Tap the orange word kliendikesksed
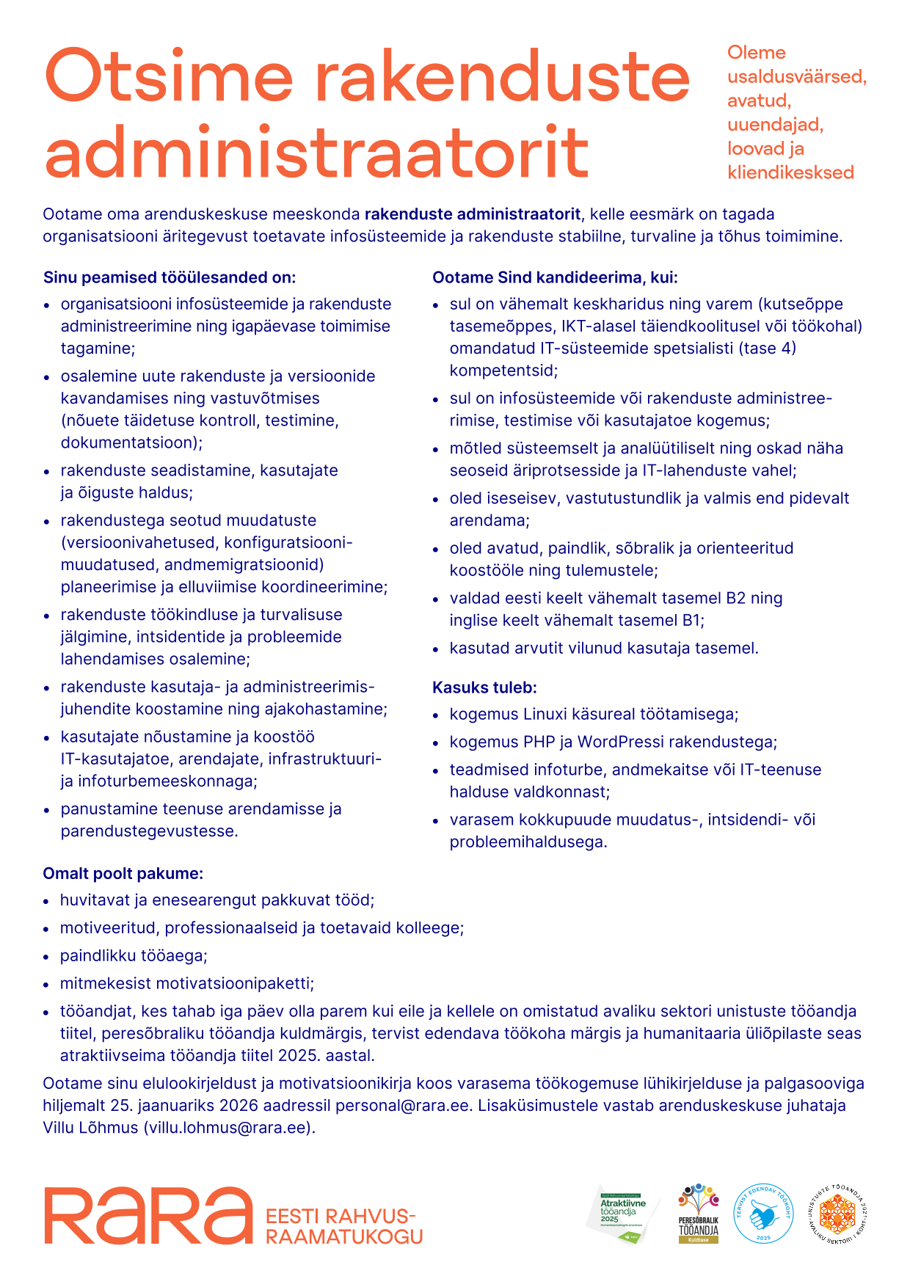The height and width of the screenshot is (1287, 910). [790, 172]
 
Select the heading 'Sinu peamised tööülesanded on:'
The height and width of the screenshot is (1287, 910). [170, 277]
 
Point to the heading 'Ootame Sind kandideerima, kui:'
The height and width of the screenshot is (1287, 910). [555, 277]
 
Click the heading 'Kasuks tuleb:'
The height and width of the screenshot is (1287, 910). [484, 688]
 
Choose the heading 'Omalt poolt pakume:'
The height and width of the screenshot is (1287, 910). [123, 873]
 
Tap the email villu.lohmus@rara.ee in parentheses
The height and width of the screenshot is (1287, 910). [228, 1127]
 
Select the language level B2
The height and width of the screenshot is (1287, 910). [735, 598]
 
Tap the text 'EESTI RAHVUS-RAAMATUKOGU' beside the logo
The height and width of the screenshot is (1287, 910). [343, 1226]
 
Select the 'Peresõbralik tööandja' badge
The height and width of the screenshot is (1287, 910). [698, 1214]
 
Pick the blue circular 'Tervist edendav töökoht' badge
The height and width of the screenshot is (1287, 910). [763, 1214]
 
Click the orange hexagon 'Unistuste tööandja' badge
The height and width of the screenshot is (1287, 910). [837, 1214]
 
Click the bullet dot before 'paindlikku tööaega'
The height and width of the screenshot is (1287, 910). [46, 957]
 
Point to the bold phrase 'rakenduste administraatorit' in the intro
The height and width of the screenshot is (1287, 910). [473, 214]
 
